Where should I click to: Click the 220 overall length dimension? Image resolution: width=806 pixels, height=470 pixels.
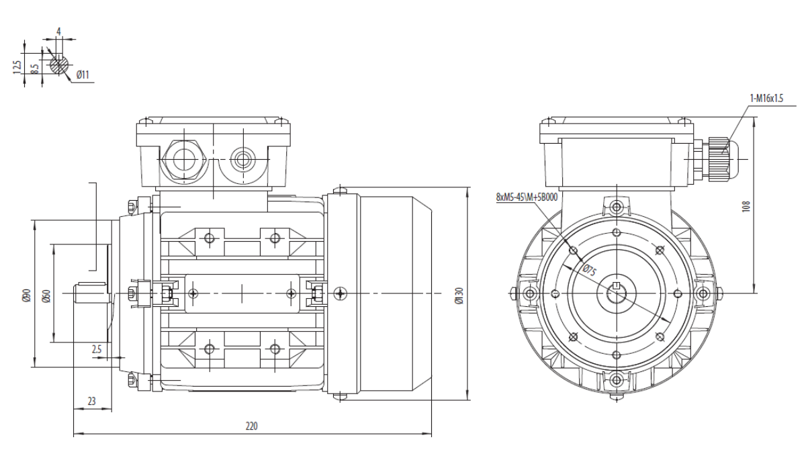pos(251,426)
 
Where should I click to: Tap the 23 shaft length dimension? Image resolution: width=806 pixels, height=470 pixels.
pos(92,401)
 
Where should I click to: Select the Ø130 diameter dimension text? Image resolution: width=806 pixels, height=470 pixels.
pos(459,295)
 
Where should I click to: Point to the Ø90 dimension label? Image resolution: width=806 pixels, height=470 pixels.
pos(27,295)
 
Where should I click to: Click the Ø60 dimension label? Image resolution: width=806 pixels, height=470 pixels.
pos(46,295)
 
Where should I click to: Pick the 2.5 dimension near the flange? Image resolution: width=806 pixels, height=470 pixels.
pos(97,349)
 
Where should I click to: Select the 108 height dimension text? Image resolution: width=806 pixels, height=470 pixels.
pos(746,206)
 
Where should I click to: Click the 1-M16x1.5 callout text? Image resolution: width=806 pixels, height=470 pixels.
pos(766,98)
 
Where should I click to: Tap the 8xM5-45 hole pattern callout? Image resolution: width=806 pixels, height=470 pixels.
pos(527,197)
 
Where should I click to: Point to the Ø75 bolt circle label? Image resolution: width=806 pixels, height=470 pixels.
pos(589,270)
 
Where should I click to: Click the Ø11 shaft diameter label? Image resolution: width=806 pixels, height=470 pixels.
pos(83,75)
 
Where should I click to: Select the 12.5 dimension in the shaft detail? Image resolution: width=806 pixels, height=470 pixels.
pos(17,67)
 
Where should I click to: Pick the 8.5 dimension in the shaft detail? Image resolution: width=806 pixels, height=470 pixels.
pos(34,69)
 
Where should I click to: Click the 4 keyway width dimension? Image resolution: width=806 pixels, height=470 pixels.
pos(58,32)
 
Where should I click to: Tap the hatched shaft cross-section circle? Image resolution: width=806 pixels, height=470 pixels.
pos(59,65)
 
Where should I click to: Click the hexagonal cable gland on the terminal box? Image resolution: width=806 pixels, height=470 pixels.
pos(184,159)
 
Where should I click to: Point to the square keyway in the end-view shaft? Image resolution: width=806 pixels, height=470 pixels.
pos(616,286)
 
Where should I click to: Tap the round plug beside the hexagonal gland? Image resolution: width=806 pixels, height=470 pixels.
pos(242,159)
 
